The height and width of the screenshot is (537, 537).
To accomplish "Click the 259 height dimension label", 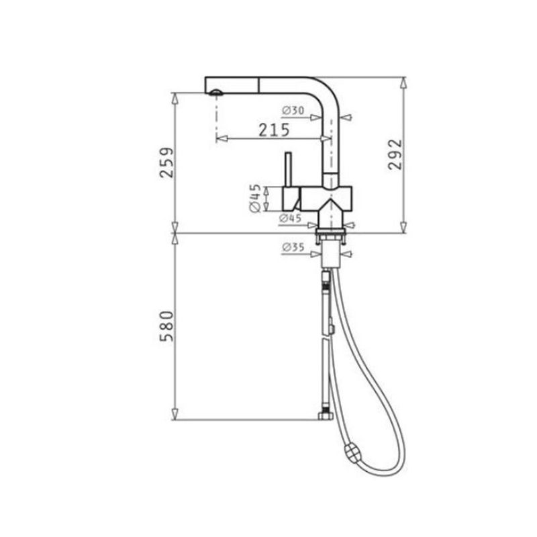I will coord(168,162).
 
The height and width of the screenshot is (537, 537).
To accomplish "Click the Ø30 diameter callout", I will coord(293,109).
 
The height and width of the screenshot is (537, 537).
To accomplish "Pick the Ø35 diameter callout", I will coord(293,248).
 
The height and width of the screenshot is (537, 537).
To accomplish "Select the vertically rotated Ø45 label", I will coord(255,199).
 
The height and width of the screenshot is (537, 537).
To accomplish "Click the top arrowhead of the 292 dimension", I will coord(403,81).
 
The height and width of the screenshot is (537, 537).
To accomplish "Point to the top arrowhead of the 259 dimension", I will coord(175,97).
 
